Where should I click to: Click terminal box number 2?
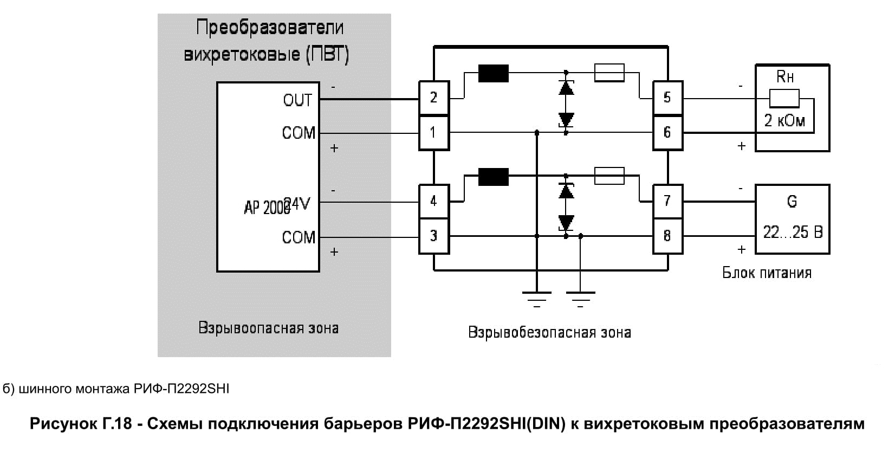click(433, 98)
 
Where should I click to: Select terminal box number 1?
click(433, 132)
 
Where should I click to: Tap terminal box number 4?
click(433, 201)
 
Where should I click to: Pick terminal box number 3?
click(433, 236)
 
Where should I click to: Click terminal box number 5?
click(667, 98)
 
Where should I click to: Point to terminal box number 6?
click(667, 132)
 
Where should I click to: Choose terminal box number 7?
click(667, 201)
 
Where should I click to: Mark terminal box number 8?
click(667, 236)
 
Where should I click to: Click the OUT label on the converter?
click(297, 100)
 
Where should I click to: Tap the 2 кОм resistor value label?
click(784, 120)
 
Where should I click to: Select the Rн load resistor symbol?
click(784, 99)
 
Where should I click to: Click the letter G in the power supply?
click(792, 202)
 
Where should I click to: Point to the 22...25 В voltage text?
click(793, 233)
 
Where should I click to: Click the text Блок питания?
click(767, 272)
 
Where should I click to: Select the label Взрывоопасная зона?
click(268, 328)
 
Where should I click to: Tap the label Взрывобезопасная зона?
click(549, 332)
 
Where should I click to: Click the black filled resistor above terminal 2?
click(493, 73)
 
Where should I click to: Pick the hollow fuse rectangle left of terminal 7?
click(609, 176)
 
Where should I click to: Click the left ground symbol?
click(536, 297)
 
